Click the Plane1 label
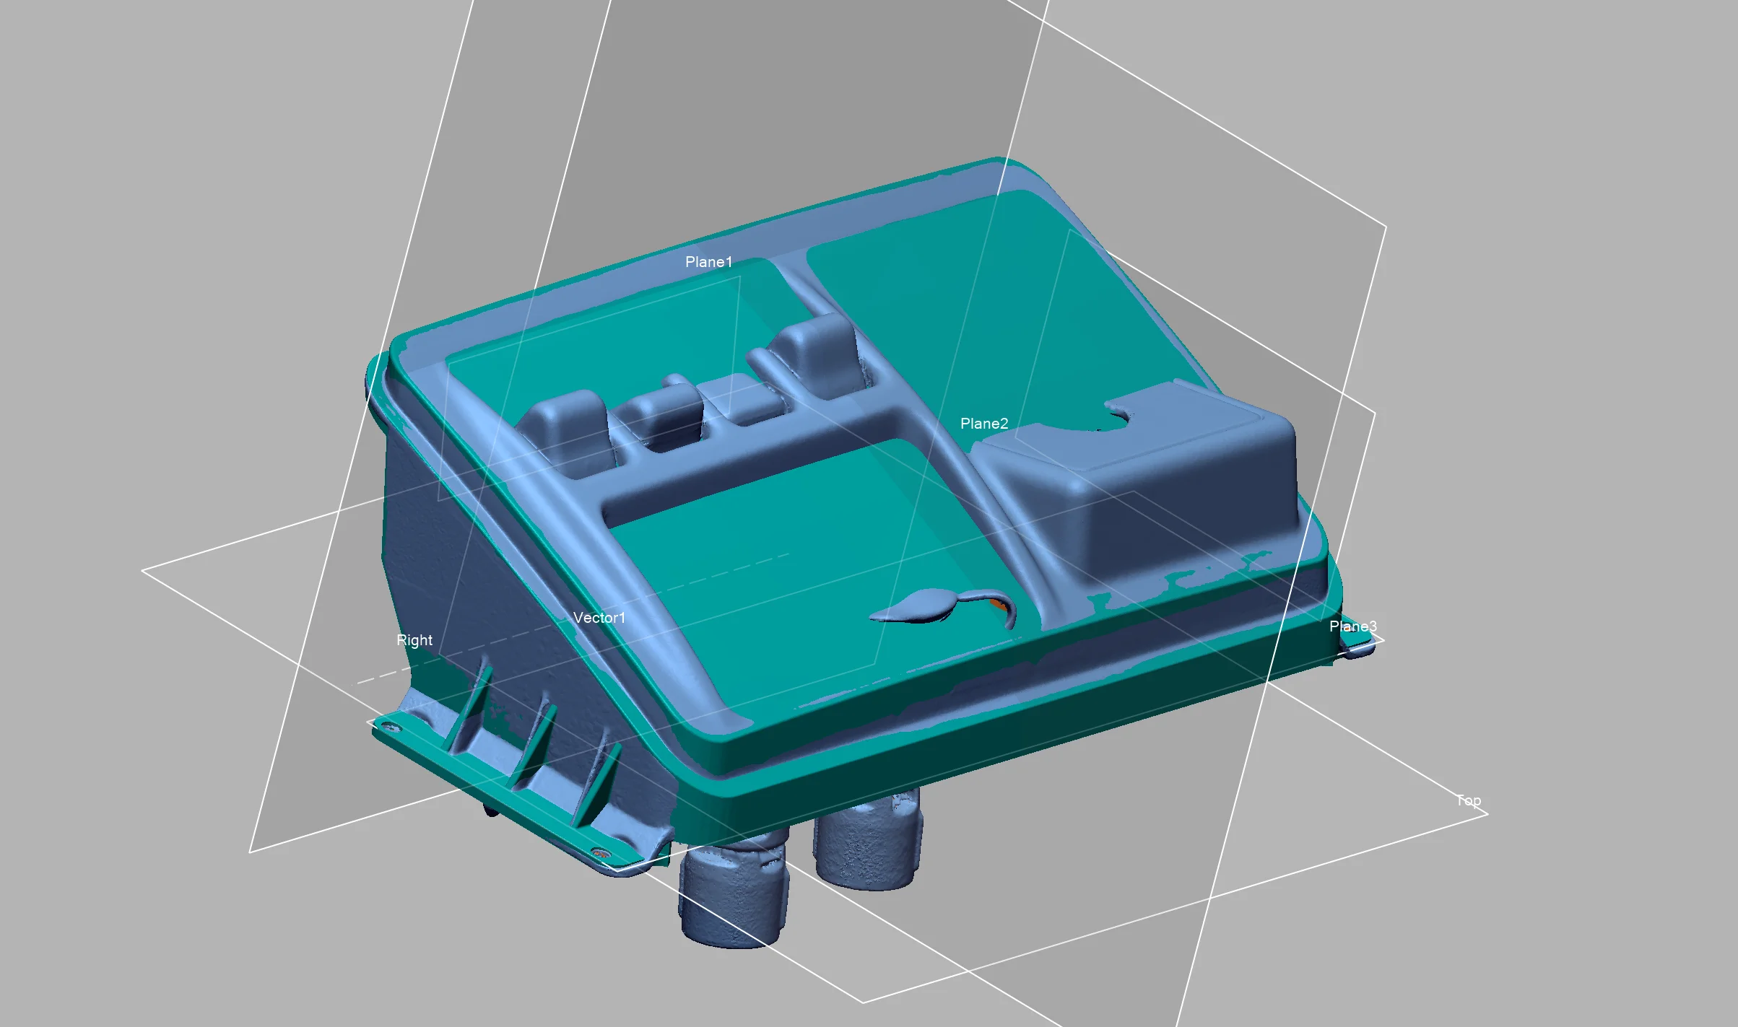(x=708, y=262)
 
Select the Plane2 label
(x=983, y=424)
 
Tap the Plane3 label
(x=1352, y=626)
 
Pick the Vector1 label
(x=599, y=618)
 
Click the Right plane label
(x=414, y=640)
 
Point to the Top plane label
(x=1468, y=800)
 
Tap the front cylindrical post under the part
(x=733, y=891)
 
